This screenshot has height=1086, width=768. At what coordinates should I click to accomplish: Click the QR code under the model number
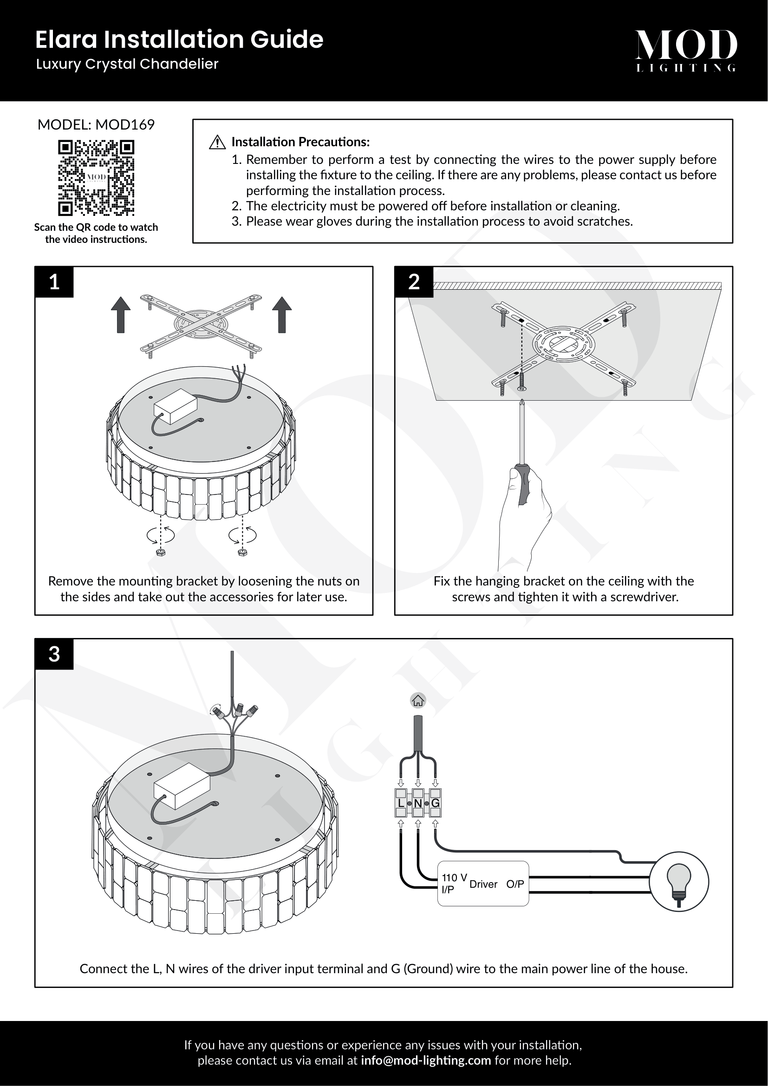96,177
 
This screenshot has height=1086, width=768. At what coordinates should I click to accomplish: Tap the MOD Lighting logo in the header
686,50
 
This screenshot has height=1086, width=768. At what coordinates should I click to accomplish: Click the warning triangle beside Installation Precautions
217,142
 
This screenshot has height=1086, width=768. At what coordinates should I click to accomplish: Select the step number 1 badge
54,282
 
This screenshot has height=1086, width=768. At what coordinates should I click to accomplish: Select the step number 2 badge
414,282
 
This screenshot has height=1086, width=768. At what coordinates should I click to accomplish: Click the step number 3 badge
54,654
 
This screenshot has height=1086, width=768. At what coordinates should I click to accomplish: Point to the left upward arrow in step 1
121,314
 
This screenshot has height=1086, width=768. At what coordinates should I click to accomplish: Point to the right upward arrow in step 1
282,314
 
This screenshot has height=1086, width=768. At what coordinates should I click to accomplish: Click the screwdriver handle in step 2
523,484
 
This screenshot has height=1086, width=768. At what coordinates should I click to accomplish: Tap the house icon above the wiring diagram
418,700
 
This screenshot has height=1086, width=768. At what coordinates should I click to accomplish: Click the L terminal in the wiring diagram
401,803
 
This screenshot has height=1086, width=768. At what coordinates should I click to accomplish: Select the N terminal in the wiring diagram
418,803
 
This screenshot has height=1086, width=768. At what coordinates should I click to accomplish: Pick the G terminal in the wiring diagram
436,803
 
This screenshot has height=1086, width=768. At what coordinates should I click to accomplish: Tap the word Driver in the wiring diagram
483,884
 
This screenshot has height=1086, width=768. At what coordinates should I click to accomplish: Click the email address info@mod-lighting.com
426,1060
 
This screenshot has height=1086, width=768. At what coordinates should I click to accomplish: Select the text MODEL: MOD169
96,124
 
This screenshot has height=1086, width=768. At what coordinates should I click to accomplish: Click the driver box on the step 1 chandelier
176,406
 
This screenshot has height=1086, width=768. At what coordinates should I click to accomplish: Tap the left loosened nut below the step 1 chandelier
161,552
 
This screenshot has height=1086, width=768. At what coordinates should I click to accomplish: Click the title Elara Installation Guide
179,39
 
